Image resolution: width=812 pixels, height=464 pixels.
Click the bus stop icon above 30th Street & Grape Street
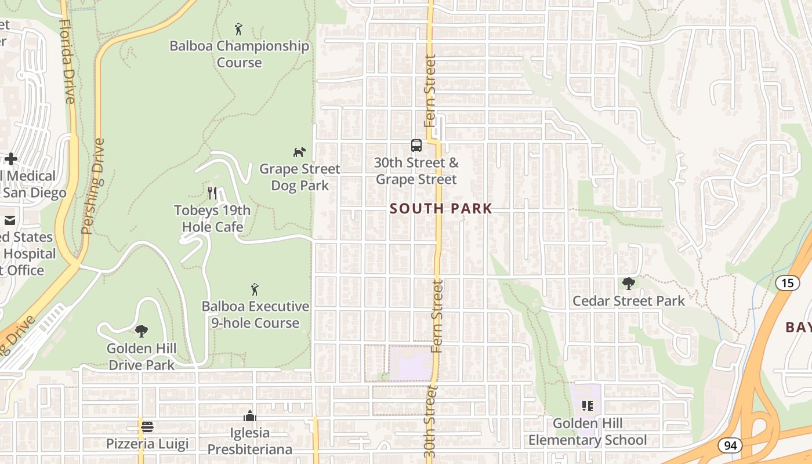pyautogui.click(x=416, y=145)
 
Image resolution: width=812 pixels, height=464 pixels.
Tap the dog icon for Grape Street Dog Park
pyautogui.click(x=299, y=153)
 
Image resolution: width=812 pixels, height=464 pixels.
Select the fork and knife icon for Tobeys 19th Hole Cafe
pyautogui.click(x=212, y=193)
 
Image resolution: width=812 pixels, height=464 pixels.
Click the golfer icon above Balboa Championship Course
pyautogui.click(x=238, y=28)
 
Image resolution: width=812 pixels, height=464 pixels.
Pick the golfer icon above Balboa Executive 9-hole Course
pyautogui.click(x=254, y=289)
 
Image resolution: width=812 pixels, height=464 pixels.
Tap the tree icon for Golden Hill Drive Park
pyautogui.click(x=141, y=331)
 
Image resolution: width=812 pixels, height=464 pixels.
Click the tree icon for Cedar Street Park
pyautogui.click(x=628, y=284)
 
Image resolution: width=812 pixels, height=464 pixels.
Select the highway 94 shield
pyautogui.click(x=729, y=445)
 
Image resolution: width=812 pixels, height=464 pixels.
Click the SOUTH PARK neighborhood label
pyautogui.click(x=441, y=209)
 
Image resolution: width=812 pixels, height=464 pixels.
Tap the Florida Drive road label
pyautogui.click(x=67, y=61)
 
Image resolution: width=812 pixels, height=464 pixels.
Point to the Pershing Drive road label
pyautogui.click(x=93, y=186)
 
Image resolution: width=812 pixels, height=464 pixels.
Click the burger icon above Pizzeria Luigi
pyautogui.click(x=147, y=427)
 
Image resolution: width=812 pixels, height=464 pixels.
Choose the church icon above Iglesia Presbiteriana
pyautogui.click(x=250, y=416)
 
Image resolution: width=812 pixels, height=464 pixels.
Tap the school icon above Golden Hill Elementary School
pyautogui.click(x=587, y=406)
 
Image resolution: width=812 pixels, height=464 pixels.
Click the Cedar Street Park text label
pyautogui.click(x=629, y=301)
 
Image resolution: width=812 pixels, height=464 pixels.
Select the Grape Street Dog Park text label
pyautogui.click(x=300, y=177)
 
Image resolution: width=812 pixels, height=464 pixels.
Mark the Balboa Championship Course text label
pyautogui.click(x=239, y=54)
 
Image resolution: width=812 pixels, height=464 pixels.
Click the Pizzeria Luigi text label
pyautogui.click(x=147, y=444)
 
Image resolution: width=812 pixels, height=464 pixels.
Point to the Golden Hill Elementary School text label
pyautogui.click(x=587, y=432)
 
